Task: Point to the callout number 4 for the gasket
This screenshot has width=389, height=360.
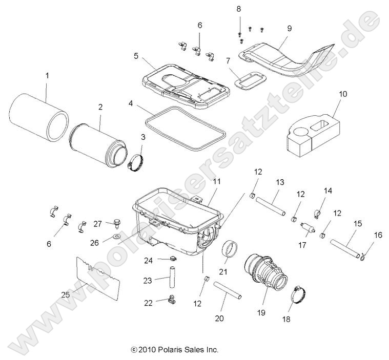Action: click(131, 103)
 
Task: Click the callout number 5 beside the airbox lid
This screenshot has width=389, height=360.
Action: click(136, 56)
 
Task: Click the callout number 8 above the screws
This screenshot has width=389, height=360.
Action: click(239, 10)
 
